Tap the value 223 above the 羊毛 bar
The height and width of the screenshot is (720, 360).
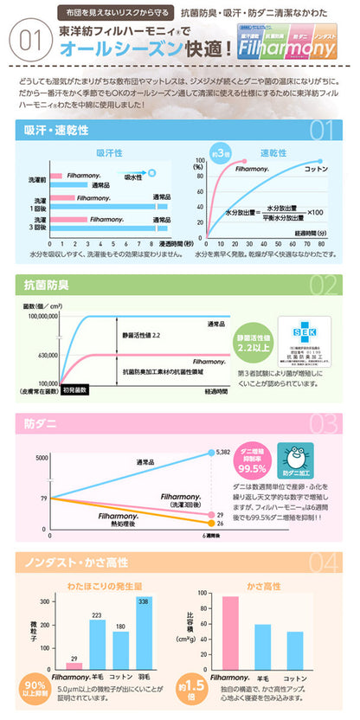pos(97,615)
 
